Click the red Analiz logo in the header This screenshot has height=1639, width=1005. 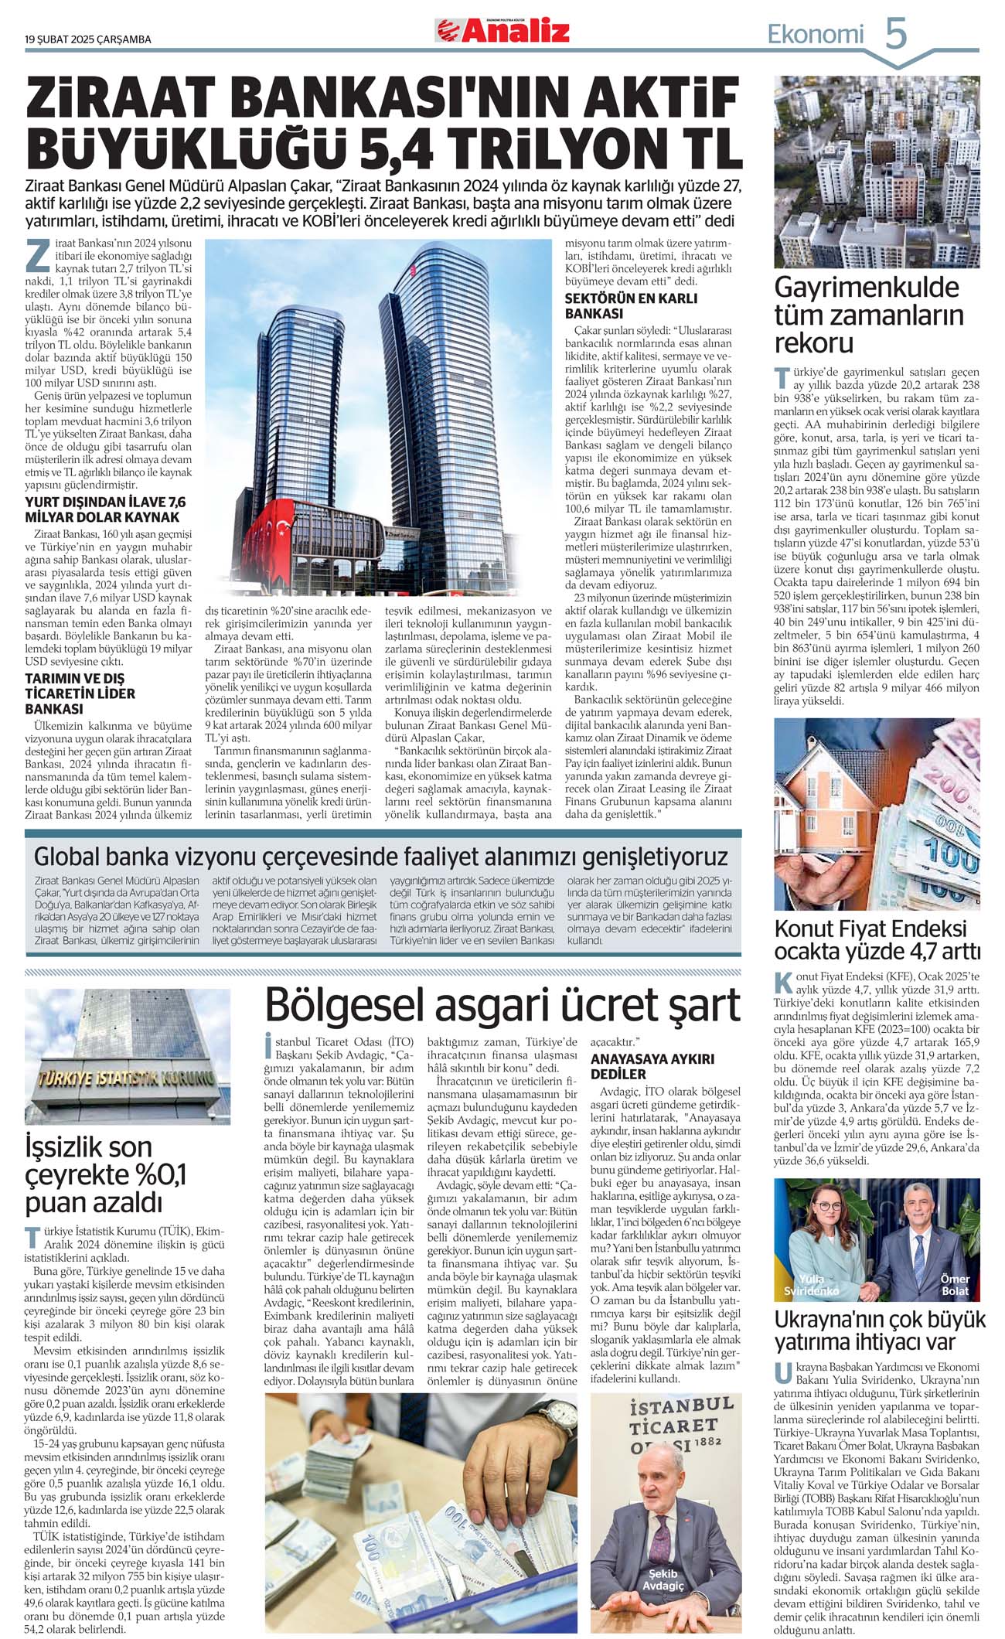(502, 31)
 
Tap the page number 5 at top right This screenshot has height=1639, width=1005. (895, 34)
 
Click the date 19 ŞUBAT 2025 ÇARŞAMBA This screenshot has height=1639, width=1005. (87, 39)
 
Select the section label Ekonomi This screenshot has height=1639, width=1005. (815, 34)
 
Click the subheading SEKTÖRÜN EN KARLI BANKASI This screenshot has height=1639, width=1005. (631, 306)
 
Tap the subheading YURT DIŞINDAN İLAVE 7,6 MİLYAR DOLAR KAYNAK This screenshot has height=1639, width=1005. (105, 509)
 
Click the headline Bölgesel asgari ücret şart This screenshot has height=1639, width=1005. (502, 1004)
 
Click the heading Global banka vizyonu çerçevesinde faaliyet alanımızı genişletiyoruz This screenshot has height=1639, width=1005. (381, 857)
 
